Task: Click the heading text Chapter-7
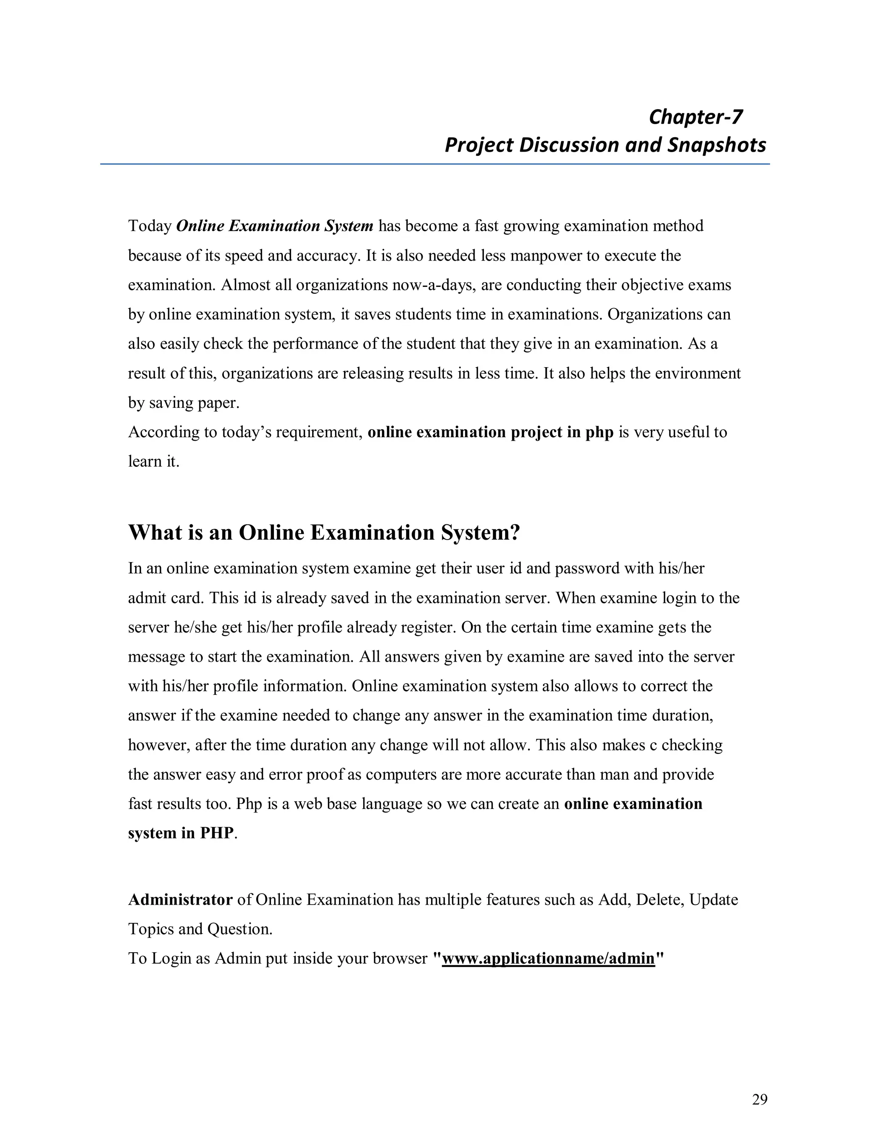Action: coord(695,117)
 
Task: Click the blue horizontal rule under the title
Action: coord(435,164)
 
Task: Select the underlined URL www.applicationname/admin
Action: coord(548,959)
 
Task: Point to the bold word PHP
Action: coord(217,833)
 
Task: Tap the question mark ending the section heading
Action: coord(514,532)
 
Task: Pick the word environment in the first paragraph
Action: coord(698,373)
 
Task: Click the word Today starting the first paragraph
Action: coord(150,226)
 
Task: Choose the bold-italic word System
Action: coord(349,226)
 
